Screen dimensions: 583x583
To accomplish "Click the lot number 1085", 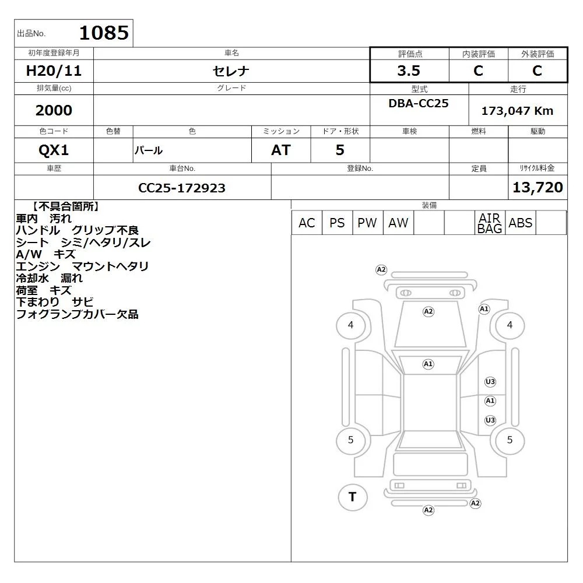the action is coord(104,33).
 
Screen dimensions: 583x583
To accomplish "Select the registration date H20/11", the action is coord(54,71).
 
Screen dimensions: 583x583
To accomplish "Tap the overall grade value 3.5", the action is coord(409,71).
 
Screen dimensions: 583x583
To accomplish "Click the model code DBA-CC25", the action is coord(419,103).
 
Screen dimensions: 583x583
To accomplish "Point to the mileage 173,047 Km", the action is coord(517,111).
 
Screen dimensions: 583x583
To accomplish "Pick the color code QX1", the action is coord(54,150).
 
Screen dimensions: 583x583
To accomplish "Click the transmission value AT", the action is coord(281,150).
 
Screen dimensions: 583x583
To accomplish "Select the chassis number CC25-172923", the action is coord(182,188).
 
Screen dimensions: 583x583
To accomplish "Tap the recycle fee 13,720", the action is coord(538,187).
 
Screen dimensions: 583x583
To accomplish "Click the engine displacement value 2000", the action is coord(54,110).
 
